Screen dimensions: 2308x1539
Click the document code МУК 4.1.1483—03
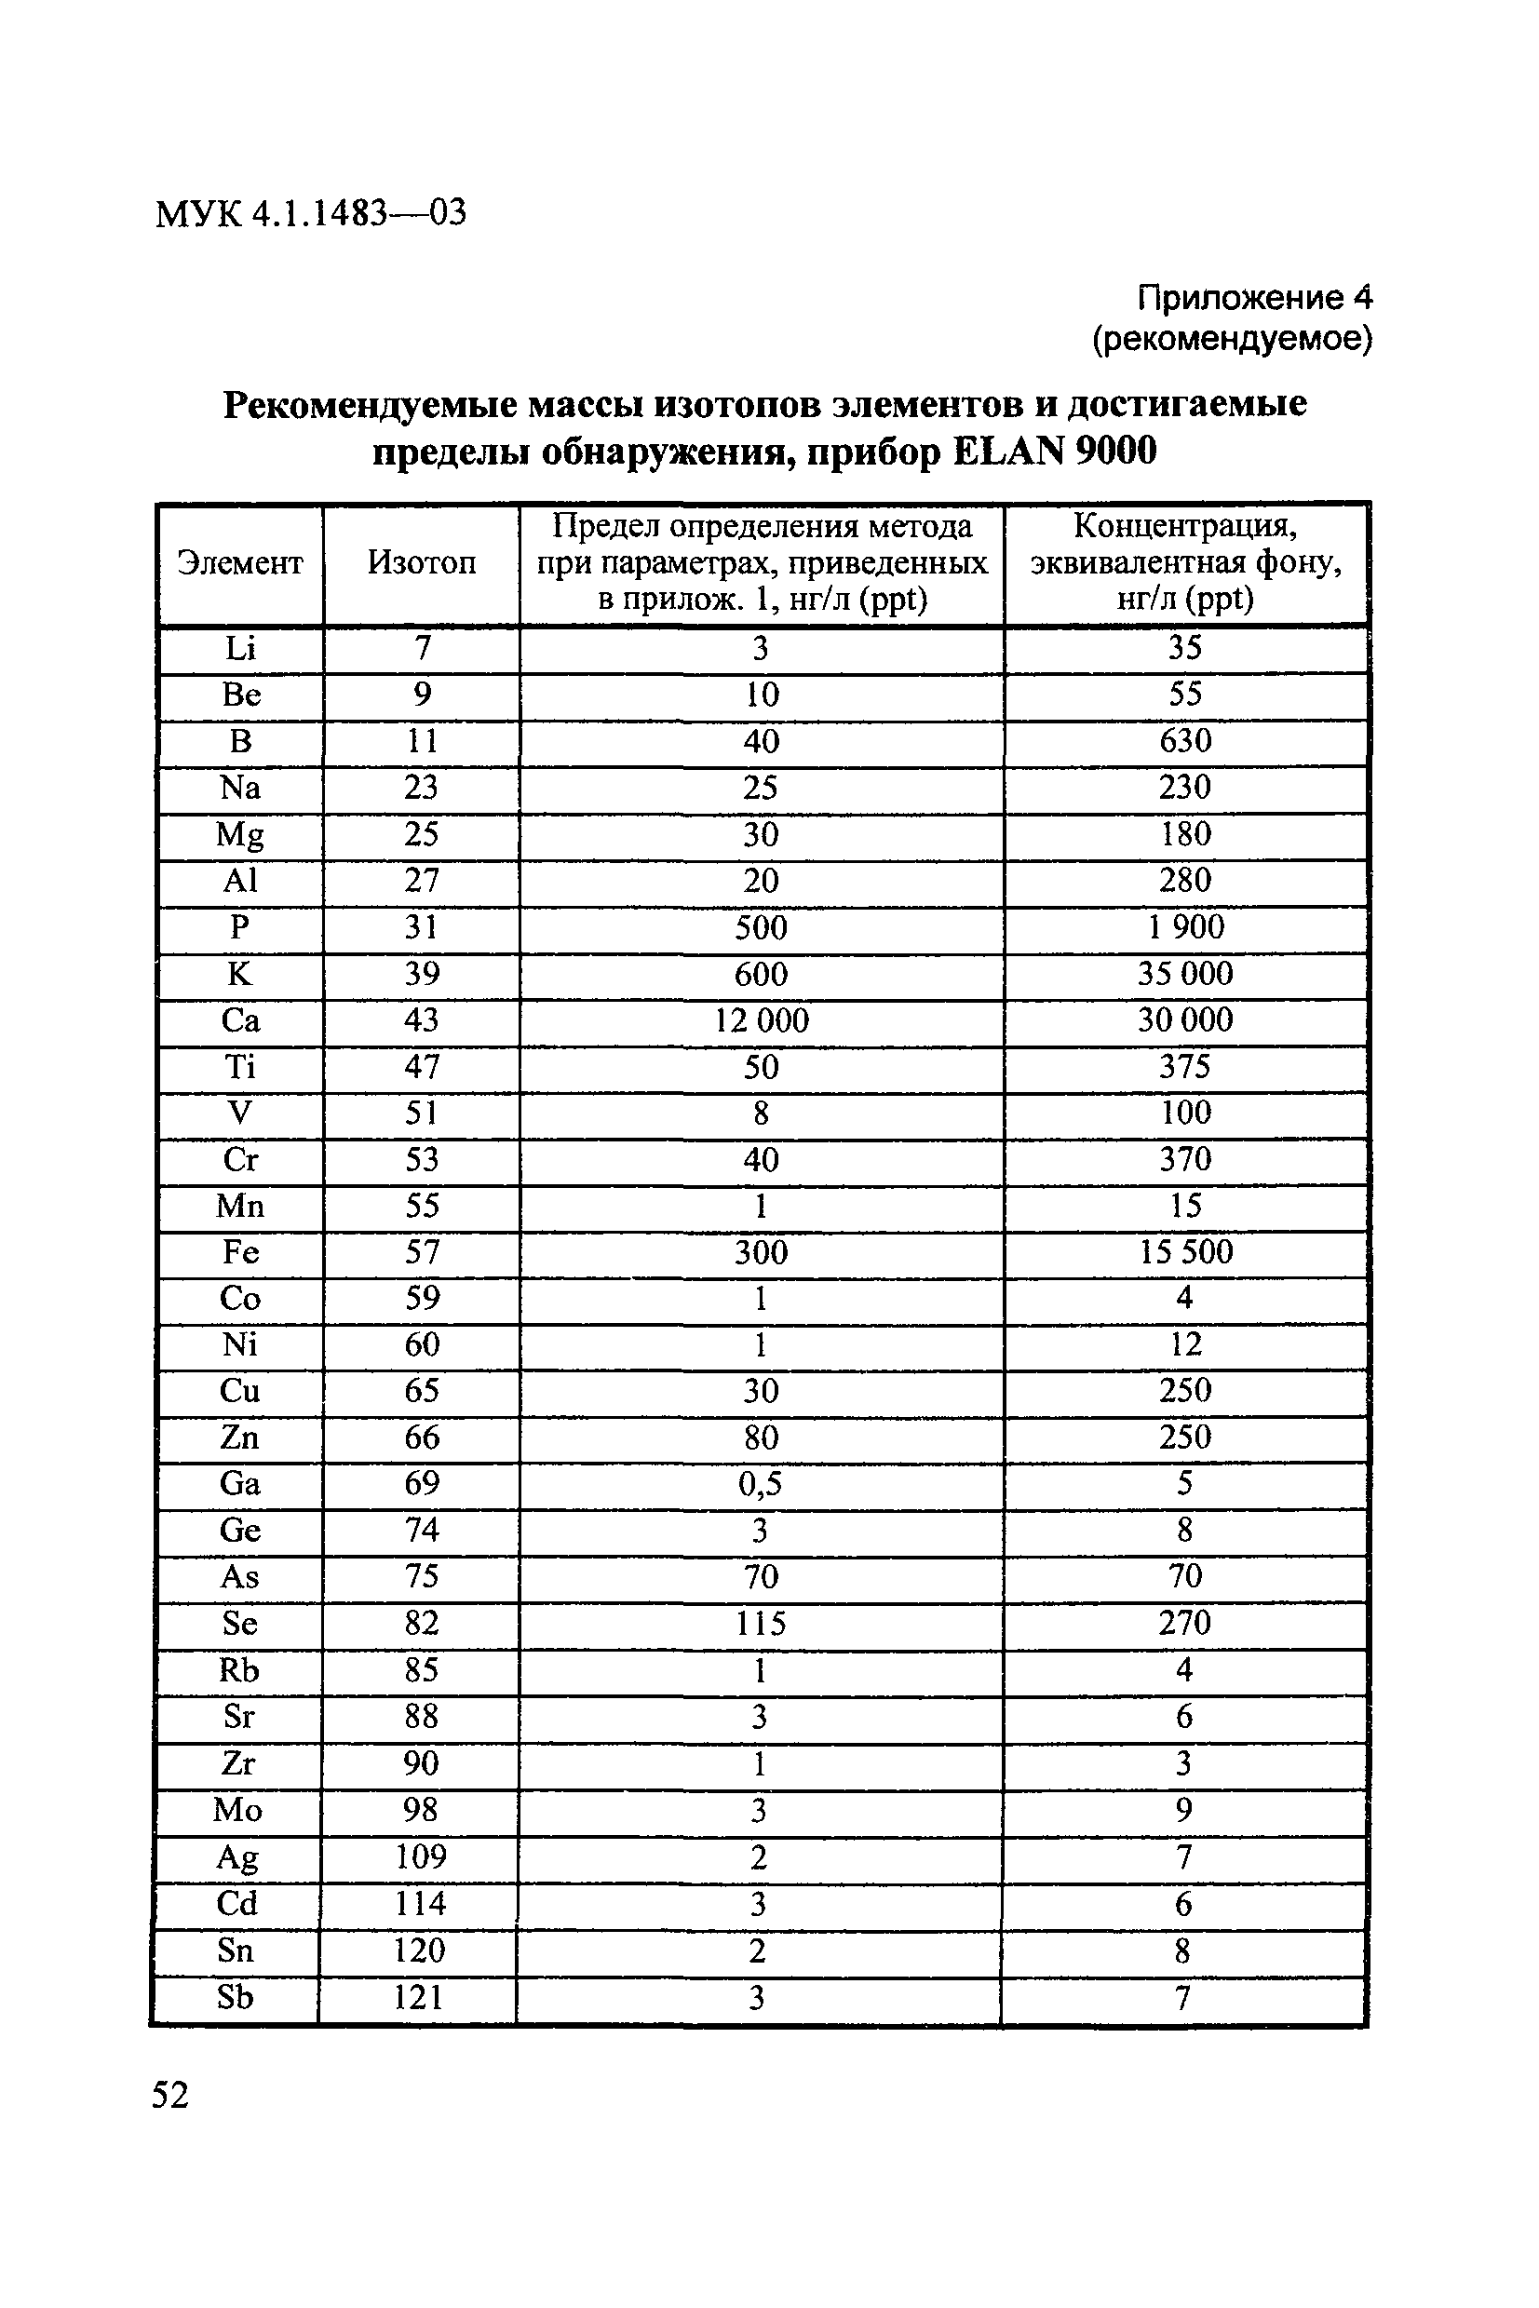[x=310, y=213]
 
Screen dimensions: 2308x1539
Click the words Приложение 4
[x=1254, y=297]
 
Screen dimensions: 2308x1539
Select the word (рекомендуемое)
[x=1232, y=340]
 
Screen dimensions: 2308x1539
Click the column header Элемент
[x=239, y=563]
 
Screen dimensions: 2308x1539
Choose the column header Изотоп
[x=421, y=563]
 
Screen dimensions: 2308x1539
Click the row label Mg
[x=239, y=835]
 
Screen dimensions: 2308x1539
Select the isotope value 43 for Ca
[x=421, y=1020]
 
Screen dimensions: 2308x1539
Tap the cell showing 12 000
[x=761, y=1020]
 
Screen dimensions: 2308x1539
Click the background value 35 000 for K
[x=1184, y=975]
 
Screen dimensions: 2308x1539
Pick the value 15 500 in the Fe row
[x=1184, y=1252]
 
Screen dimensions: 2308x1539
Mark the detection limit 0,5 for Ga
[x=761, y=1484]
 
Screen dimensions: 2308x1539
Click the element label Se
[x=239, y=1623]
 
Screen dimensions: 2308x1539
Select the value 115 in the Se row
[x=761, y=1623]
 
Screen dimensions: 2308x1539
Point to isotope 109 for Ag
[x=420, y=1856]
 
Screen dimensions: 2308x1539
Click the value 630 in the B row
[x=1184, y=741]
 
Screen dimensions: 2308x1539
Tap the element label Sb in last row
[x=236, y=1997]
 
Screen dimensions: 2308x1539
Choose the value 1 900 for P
[x=1184, y=927]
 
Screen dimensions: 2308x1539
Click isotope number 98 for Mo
[x=420, y=1810]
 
